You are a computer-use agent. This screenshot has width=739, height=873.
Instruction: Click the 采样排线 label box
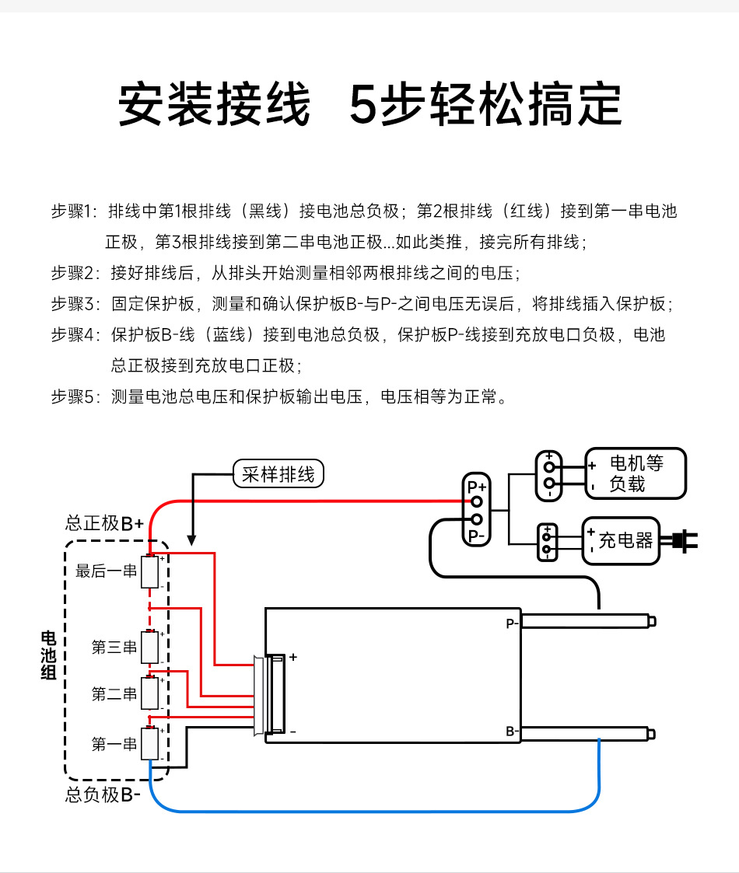tap(278, 474)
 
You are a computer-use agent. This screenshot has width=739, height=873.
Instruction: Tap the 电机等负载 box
tap(635, 473)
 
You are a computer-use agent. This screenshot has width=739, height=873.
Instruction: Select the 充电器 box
tap(621, 540)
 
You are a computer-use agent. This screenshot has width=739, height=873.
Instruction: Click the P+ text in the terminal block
tap(476, 487)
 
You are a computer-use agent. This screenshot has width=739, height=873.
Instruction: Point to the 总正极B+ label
tap(104, 523)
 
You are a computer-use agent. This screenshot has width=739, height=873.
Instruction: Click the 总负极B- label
tap(103, 795)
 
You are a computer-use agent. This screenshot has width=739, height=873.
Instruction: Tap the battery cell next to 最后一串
tap(149, 572)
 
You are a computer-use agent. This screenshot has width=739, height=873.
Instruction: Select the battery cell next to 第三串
tap(149, 647)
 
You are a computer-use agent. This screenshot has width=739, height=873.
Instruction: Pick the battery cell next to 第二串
tap(149, 693)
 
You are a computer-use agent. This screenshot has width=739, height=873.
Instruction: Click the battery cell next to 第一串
tap(149, 744)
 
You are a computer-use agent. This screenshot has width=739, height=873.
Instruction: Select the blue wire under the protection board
tap(373, 812)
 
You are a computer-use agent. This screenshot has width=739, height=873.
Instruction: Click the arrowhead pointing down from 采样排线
tap(192, 537)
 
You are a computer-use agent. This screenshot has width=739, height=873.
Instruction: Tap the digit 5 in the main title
tap(363, 104)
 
